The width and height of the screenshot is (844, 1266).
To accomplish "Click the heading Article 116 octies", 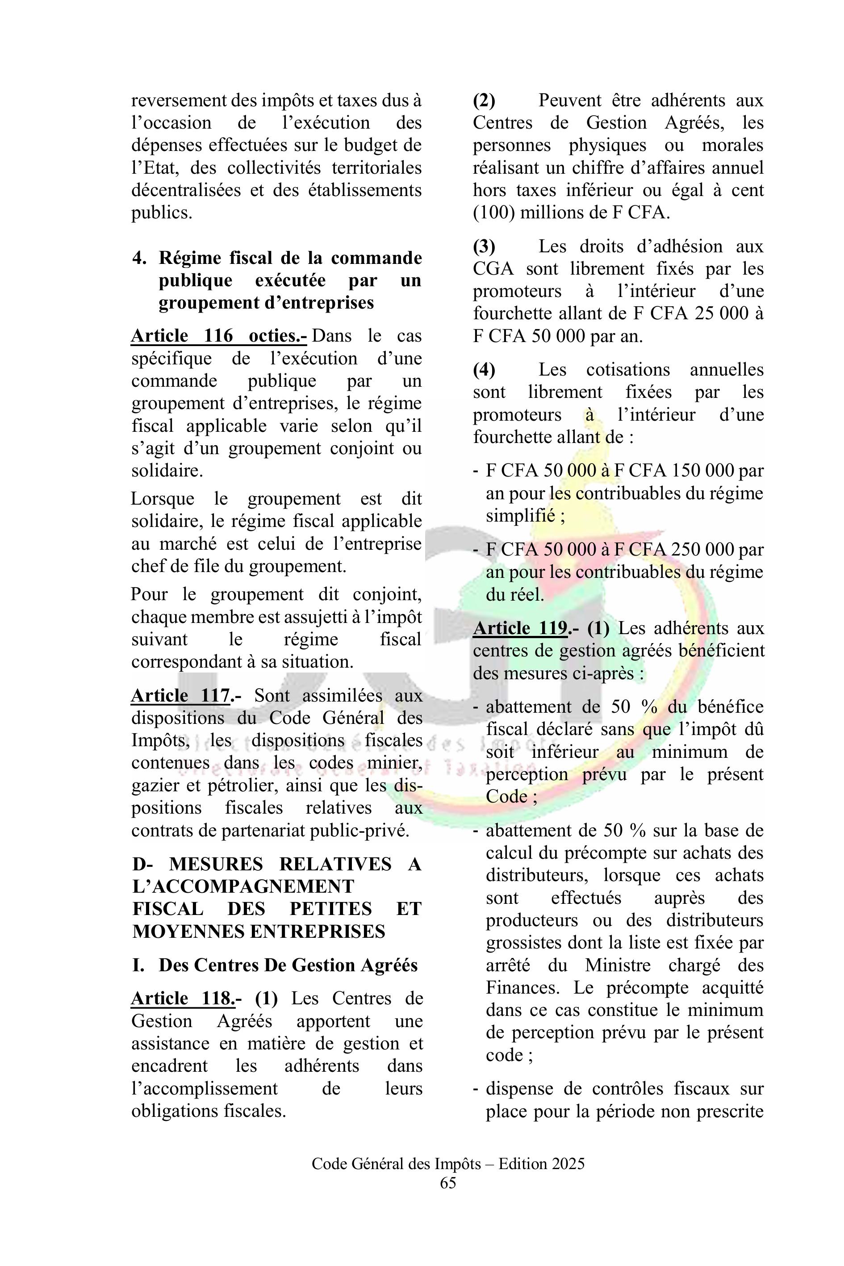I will point(218,336).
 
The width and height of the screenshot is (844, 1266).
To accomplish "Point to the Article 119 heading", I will point(520,628).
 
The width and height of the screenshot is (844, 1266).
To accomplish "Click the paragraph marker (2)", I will point(484,100).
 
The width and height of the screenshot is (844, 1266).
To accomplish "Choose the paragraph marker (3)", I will point(484,247).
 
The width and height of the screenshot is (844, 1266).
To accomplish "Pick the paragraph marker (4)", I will point(484,370).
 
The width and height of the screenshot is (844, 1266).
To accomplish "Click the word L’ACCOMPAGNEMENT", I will point(243,886).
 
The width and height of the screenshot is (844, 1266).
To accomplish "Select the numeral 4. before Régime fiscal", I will point(139,259).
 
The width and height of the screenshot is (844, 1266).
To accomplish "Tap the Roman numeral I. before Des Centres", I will point(138,965).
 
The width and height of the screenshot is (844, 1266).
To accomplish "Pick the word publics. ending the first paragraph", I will point(162,213).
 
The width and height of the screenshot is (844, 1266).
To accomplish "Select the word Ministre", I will point(618,965).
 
